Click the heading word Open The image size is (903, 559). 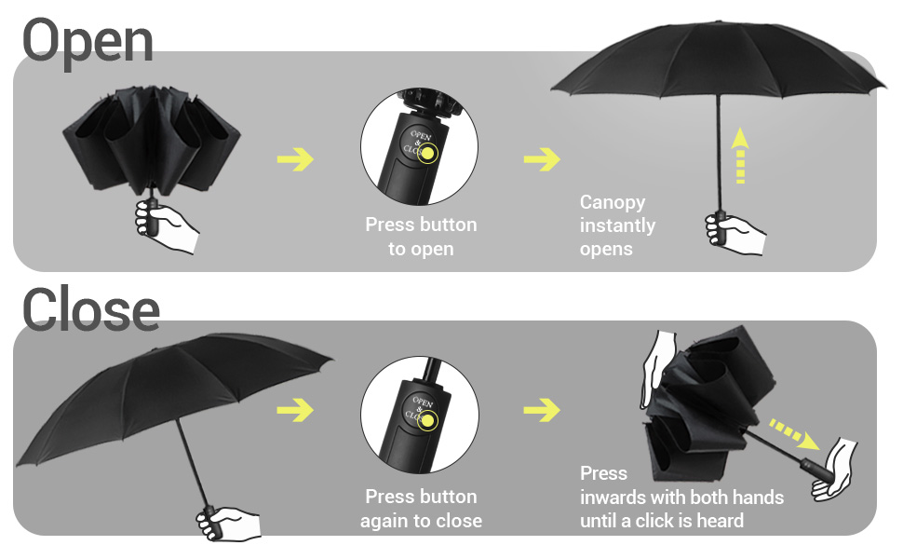88,42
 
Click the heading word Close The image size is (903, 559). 90,310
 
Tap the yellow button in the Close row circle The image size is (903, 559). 427,421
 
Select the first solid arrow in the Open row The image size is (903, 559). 295,159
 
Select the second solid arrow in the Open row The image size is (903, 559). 542,159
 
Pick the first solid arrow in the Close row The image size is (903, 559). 295,409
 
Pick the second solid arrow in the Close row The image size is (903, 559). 542,409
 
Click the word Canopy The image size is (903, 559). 612,202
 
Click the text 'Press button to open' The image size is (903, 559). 421,237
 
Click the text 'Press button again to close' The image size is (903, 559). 421,509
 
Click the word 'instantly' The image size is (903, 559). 617,225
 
